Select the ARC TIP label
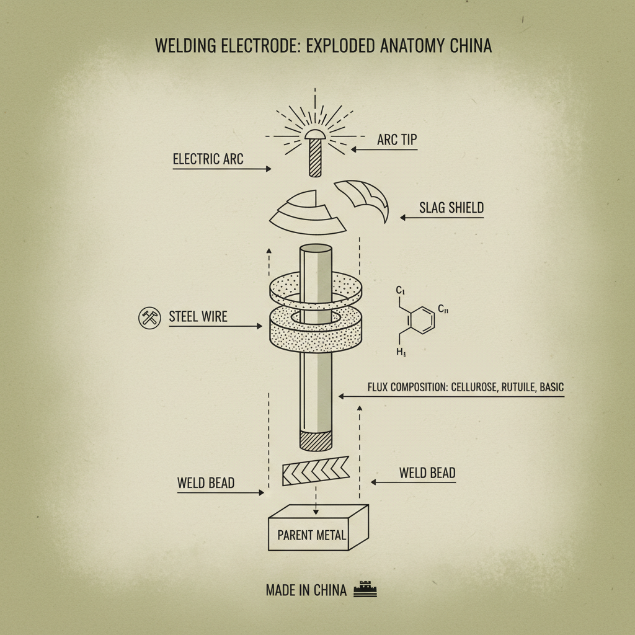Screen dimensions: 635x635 [x=397, y=140]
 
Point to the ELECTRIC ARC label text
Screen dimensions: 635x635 [x=208, y=159]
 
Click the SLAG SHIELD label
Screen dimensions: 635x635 [x=451, y=208]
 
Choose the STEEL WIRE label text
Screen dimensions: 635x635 [x=198, y=317]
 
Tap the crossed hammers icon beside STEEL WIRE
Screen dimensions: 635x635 [x=149, y=318]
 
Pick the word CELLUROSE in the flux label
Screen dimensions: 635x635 [x=473, y=387]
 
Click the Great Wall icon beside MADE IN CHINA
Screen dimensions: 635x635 [x=365, y=590]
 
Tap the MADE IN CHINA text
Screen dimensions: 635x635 [x=306, y=590]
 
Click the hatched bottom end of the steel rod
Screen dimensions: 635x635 [x=316, y=440]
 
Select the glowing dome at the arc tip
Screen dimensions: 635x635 [x=315, y=133]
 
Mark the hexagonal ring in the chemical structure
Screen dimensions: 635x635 [x=421, y=319]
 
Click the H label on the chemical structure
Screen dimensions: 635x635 [x=400, y=352]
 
